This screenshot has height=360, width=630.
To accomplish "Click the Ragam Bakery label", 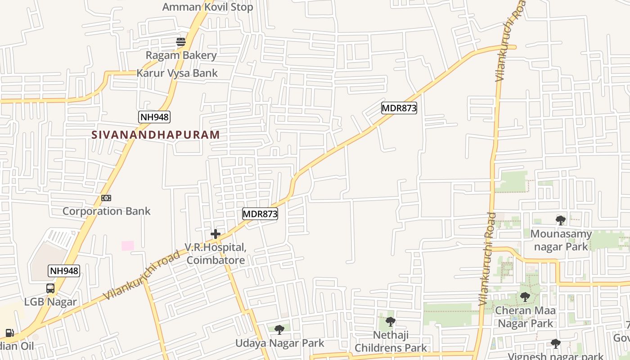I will (181, 55).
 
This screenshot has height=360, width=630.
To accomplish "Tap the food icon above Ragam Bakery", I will (181, 42).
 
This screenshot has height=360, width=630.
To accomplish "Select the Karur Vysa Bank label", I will (177, 73).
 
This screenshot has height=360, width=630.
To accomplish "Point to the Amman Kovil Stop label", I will (207, 7).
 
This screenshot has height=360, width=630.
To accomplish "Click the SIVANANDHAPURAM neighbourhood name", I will (156, 135).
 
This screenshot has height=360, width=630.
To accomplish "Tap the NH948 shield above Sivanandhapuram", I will (154, 117).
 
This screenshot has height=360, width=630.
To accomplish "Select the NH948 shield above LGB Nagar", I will (64, 271).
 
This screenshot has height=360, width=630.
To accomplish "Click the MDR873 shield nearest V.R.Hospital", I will (260, 214).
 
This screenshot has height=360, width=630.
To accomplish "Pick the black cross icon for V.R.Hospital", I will (216, 234).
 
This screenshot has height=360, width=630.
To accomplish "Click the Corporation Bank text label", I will (107, 211).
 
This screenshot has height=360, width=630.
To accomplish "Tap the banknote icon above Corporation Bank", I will (106, 198).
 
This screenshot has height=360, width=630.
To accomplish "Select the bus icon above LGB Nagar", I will (50, 288).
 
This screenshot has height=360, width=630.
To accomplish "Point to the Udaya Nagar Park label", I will (280, 343).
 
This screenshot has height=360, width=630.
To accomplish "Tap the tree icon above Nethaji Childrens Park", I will (391, 322).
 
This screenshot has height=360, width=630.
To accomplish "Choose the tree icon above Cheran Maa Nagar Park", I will (525, 297).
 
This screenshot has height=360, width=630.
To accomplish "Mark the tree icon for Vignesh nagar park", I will (556, 344).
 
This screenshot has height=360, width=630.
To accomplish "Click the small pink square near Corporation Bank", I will (128, 246).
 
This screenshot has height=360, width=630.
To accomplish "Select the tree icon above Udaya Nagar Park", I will (279, 330).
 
